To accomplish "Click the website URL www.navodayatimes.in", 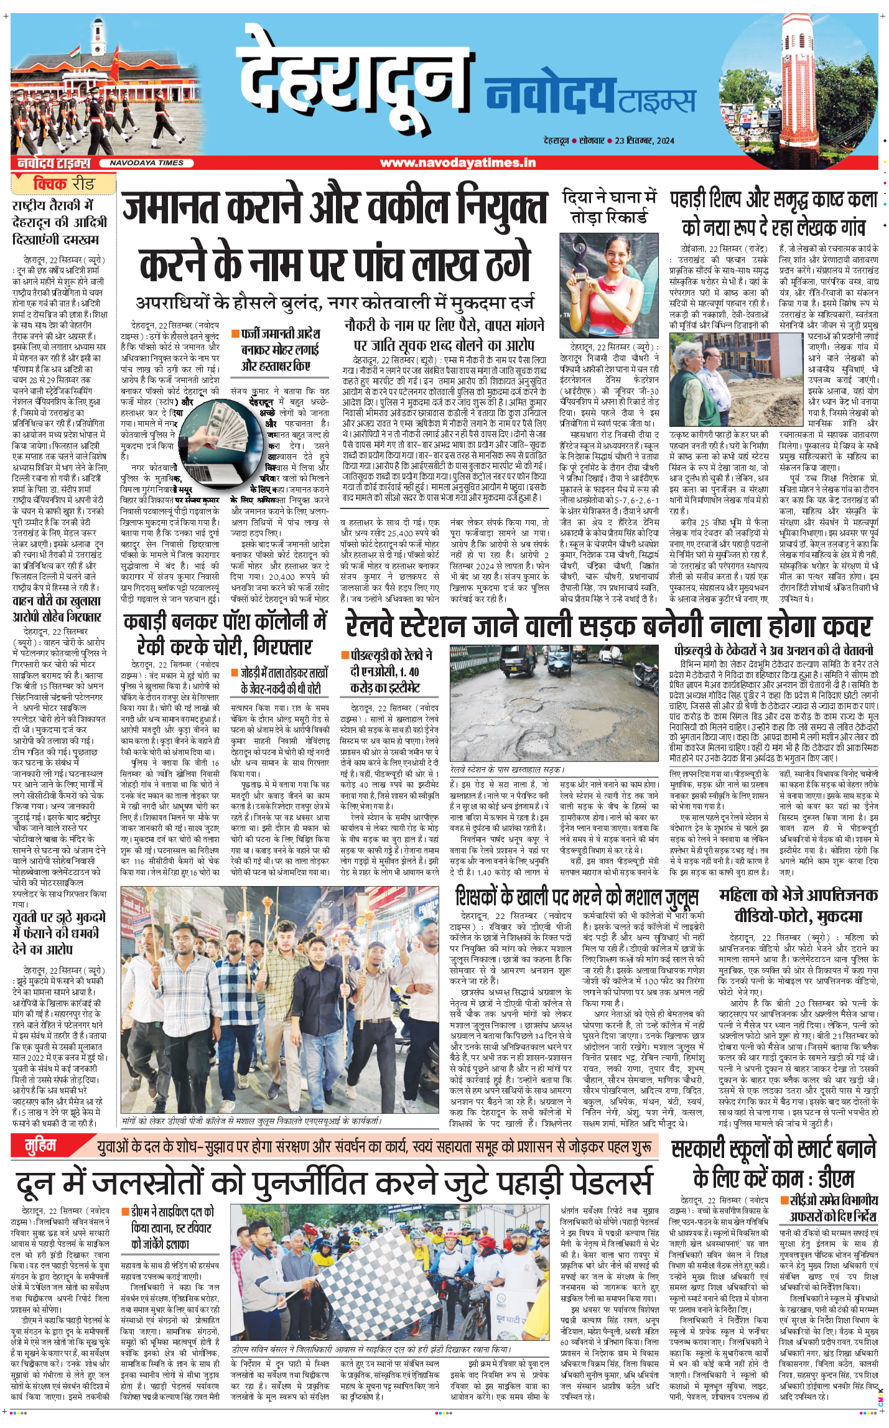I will pos(457,163).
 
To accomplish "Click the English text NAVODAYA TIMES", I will pos(146,163).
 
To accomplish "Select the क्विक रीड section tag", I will pos(63,184).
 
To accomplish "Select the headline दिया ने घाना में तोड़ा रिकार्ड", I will pos(608,207).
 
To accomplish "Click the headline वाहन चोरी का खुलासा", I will pos(57,609).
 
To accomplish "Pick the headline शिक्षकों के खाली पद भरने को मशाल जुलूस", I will pos(577,897).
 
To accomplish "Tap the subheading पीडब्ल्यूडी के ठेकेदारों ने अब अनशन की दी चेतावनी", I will pos(773,650).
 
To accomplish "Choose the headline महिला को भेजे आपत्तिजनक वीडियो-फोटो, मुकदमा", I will pos(798,905).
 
